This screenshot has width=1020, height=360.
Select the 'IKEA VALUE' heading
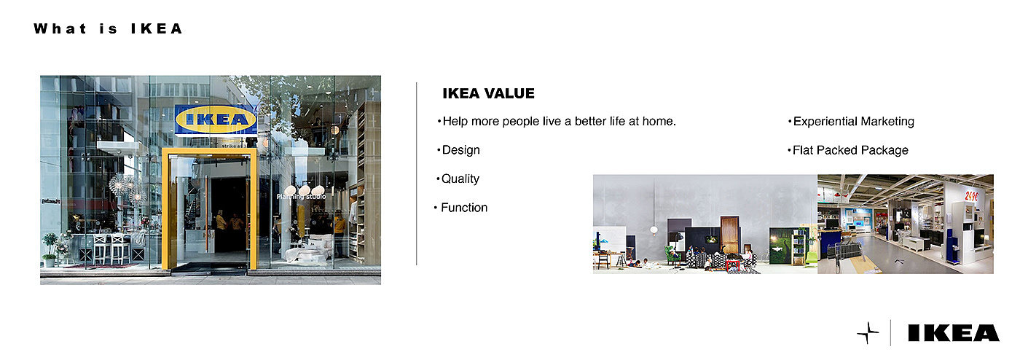[489, 93]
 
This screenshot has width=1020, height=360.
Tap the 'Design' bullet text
[460, 150]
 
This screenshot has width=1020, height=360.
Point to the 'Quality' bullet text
[460, 179]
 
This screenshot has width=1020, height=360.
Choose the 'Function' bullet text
[464, 208]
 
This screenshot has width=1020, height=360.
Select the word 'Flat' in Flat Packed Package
[803, 150]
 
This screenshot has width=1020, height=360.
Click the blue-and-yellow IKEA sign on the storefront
[216, 120]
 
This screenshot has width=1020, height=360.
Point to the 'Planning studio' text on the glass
[301, 197]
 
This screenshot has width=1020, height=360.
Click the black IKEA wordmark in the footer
[954, 333]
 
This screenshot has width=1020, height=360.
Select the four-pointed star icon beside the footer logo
[868, 332]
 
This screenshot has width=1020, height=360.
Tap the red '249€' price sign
[970, 197]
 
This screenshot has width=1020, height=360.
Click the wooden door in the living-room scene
[729, 235]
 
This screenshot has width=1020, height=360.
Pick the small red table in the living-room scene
[733, 265]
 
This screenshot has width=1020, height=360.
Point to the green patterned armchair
[672, 255]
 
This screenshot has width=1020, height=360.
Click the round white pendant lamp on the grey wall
[654, 230]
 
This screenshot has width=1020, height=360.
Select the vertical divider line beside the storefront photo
[416, 173]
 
